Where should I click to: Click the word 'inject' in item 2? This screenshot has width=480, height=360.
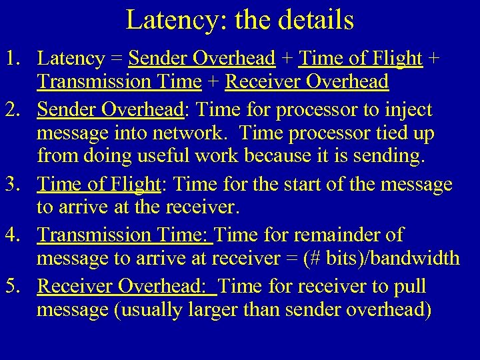tap(409, 110)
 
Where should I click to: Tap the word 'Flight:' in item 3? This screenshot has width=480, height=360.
tap(133, 184)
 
